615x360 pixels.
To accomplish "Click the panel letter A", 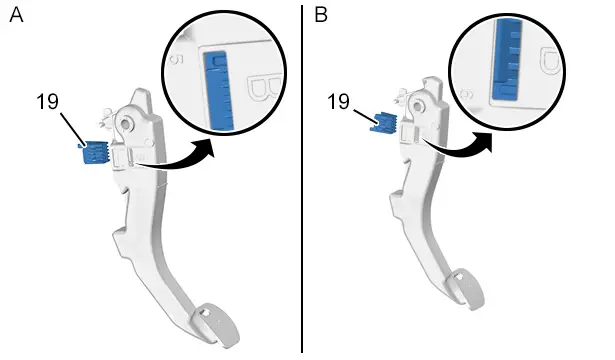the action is [16, 15].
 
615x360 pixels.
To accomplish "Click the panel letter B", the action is [321, 15].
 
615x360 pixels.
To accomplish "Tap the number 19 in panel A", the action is [47, 102].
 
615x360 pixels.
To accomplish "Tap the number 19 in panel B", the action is [338, 102].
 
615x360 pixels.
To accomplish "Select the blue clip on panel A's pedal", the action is [94, 152].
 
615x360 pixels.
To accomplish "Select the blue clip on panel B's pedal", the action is [384, 123].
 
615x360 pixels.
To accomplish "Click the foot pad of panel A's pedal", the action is [217, 324].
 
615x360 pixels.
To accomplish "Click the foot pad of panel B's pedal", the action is [468, 289].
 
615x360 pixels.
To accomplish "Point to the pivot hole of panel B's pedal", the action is [418, 105].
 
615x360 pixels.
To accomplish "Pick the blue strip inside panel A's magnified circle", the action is [219, 91].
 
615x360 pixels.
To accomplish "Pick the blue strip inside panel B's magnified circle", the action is [508, 59].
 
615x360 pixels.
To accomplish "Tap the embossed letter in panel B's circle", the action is [552, 61].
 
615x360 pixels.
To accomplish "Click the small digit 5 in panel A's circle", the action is [177, 60].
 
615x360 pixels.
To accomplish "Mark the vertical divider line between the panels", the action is [302, 179].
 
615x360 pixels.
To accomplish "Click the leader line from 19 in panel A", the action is [73, 129].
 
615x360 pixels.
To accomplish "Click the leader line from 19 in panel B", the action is [366, 117].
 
